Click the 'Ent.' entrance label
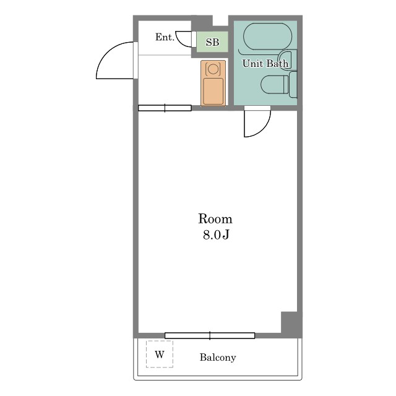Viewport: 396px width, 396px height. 165,37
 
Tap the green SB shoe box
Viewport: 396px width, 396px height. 212,42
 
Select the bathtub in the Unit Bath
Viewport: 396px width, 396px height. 267,36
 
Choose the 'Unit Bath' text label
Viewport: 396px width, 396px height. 265,63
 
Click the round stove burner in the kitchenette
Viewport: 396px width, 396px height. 213,69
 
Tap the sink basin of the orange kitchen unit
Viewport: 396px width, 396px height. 213,91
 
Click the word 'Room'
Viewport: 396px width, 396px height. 215,218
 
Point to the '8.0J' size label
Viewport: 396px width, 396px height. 216,235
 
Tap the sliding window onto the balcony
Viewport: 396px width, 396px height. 210,335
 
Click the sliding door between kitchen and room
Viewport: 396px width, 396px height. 165,108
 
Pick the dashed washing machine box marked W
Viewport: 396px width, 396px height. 160,354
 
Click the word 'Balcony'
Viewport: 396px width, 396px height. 218,357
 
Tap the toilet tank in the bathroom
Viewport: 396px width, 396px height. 293,85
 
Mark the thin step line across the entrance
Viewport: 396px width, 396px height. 165,55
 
